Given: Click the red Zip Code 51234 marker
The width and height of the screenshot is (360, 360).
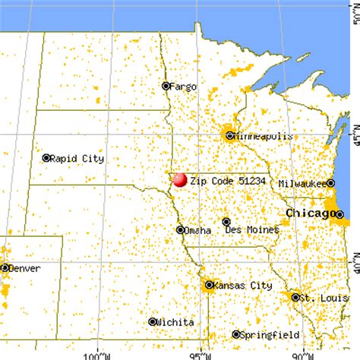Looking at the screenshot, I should (x=179, y=180).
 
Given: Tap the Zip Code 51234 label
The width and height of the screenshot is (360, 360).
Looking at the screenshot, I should (x=223, y=182).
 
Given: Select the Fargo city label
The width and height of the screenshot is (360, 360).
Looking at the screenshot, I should (x=182, y=87).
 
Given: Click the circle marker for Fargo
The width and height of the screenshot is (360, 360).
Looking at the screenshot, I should (x=166, y=86).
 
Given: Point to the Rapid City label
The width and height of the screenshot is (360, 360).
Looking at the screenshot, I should (x=77, y=159).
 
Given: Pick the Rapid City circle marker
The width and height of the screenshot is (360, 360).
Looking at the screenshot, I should (x=46, y=158).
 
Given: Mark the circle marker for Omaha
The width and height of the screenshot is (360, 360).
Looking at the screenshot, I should (x=180, y=229).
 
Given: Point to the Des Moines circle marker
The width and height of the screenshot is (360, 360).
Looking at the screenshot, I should (x=226, y=222).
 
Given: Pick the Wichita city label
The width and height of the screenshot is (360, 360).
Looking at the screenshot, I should (x=173, y=322).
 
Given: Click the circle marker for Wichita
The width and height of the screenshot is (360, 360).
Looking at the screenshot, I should (x=153, y=321).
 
